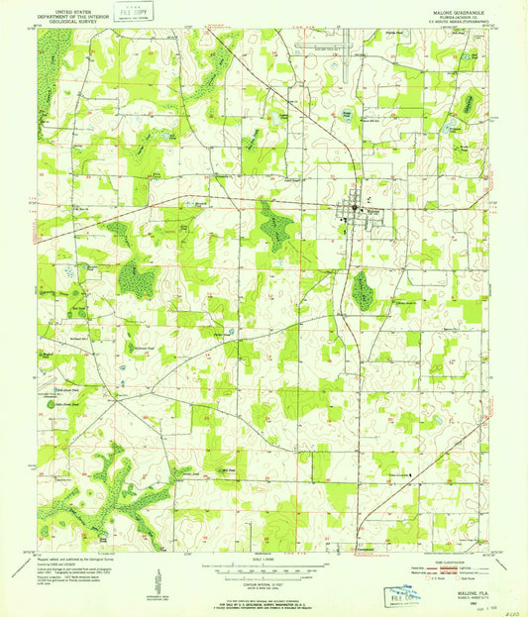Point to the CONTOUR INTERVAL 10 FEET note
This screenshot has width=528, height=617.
(264, 581)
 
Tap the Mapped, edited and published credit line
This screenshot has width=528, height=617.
(74, 557)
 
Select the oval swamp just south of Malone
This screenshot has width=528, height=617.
(364, 288)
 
